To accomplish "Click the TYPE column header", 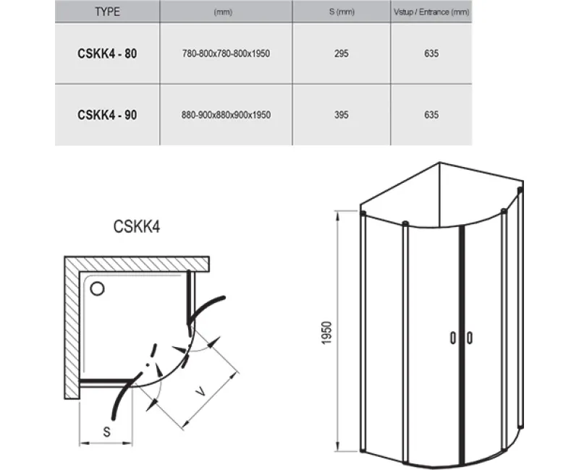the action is click(107, 12).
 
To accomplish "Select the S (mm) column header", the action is click(342, 12).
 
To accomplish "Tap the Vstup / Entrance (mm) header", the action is click(431, 12).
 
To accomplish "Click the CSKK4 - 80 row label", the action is click(107, 54).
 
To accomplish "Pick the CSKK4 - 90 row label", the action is click(107, 115).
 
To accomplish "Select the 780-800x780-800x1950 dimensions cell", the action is click(226, 54).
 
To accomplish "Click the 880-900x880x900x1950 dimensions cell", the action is click(226, 115).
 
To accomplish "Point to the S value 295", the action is click(341, 54).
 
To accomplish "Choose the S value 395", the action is click(341, 115).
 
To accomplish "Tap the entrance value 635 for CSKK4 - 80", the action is click(431, 54).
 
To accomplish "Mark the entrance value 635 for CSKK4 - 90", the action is click(431, 115).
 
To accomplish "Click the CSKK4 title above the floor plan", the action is click(137, 226).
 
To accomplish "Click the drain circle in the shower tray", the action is click(97, 289).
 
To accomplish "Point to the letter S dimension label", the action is click(106, 432).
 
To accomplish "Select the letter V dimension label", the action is click(200, 391).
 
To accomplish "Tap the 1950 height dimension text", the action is click(327, 333).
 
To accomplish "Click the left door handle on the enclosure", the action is click(453, 338).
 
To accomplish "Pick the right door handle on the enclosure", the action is click(469, 338).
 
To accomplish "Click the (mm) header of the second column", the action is click(223, 12).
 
